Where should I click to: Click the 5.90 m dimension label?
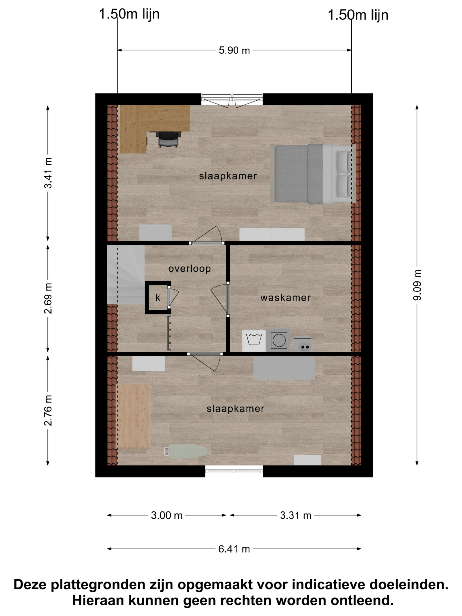click(234, 50)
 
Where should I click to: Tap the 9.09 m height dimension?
click(417, 285)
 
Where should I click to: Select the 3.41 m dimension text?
click(48, 173)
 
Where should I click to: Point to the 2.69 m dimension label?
click(48, 298)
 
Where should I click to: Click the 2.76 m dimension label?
click(48, 410)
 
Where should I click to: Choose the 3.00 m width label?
click(167, 515)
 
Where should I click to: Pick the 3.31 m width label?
click(295, 515)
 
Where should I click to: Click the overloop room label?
click(189, 269)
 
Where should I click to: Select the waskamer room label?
click(285, 298)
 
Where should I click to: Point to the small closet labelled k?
click(158, 297)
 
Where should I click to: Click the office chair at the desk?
click(168, 139)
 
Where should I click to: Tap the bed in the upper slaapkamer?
click(313, 174)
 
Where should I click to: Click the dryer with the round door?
click(278, 340)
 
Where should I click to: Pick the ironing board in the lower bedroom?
click(186, 451)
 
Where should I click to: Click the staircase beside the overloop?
click(126, 275)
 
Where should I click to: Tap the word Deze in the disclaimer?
click(30, 584)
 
